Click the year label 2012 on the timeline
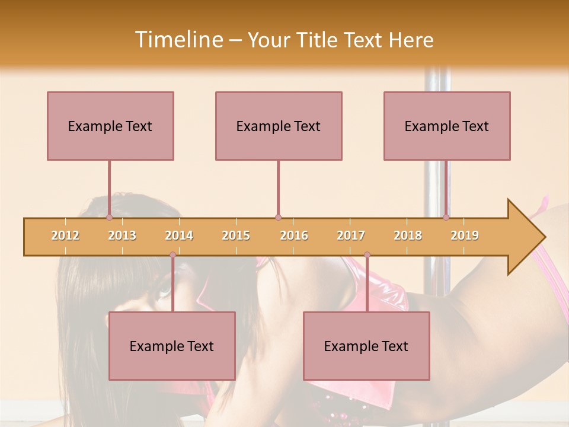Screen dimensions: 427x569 pyautogui.click(x=65, y=235)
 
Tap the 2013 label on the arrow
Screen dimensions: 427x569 pyautogui.click(x=122, y=235)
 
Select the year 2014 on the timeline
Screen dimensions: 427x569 pyautogui.click(x=179, y=235)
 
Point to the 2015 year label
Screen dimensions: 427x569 pyautogui.click(x=236, y=235)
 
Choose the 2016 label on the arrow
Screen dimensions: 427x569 pyautogui.click(x=294, y=235)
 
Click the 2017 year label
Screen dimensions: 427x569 pyautogui.click(x=351, y=235)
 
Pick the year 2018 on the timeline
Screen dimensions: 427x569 pyautogui.click(x=408, y=235)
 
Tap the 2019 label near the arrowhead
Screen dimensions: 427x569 pyautogui.click(x=465, y=235)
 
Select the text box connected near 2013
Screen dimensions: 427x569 pyautogui.click(x=110, y=126)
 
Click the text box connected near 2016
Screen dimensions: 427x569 pyautogui.click(x=279, y=126)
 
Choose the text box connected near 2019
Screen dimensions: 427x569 pyautogui.click(x=447, y=126)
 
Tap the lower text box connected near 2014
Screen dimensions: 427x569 pyautogui.click(x=172, y=346)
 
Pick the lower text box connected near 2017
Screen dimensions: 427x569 pyautogui.click(x=366, y=346)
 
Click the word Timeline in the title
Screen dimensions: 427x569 pyautogui.click(x=178, y=40)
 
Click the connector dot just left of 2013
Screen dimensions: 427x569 pyautogui.click(x=109, y=217)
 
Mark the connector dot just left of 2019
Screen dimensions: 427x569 pyautogui.click(x=446, y=217)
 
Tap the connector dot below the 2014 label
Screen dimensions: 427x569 pyautogui.click(x=172, y=255)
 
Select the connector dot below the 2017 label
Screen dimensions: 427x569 pyautogui.click(x=367, y=255)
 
